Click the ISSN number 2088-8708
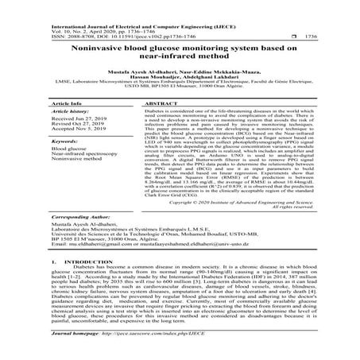(x=59, y=37)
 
